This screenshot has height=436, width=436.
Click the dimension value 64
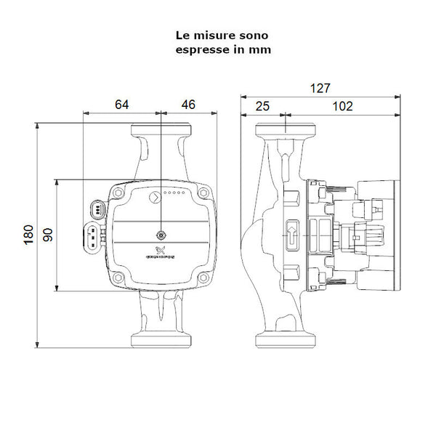pyautogui.click(x=121, y=105)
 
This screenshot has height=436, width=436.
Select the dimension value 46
pyautogui.click(x=188, y=105)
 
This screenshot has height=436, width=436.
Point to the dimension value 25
pyautogui.click(x=263, y=106)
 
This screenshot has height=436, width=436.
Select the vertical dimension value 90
pyautogui.click(x=48, y=235)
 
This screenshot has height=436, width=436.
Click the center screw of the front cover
pyautogui.click(x=160, y=235)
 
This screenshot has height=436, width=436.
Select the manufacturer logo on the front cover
pyautogui.click(x=161, y=254)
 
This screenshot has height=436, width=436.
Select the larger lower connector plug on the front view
pyautogui.click(x=93, y=235)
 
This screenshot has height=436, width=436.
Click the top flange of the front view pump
pyautogui.click(x=160, y=131)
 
